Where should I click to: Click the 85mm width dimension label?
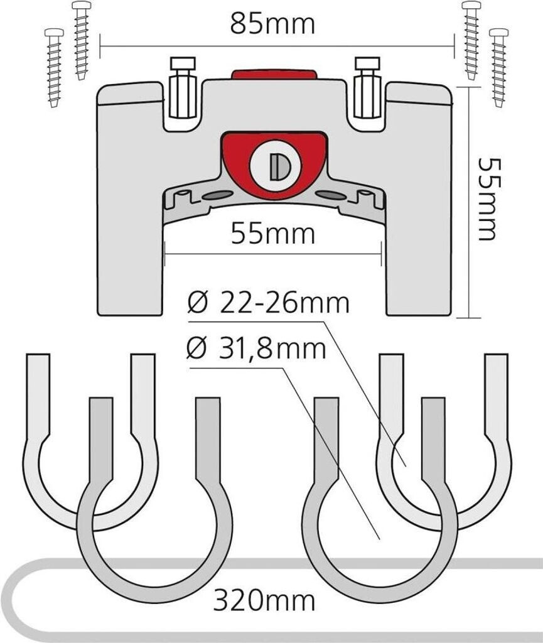(x=271, y=24)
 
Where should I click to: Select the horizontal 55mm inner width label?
(x=272, y=234)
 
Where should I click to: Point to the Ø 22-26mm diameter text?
(x=268, y=304)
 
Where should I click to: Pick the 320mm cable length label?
(x=264, y=601)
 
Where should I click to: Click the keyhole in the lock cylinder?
(x=279, y=166)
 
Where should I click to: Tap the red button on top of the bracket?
(x=273, y=75)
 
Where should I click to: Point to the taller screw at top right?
(x=470, y=39)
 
